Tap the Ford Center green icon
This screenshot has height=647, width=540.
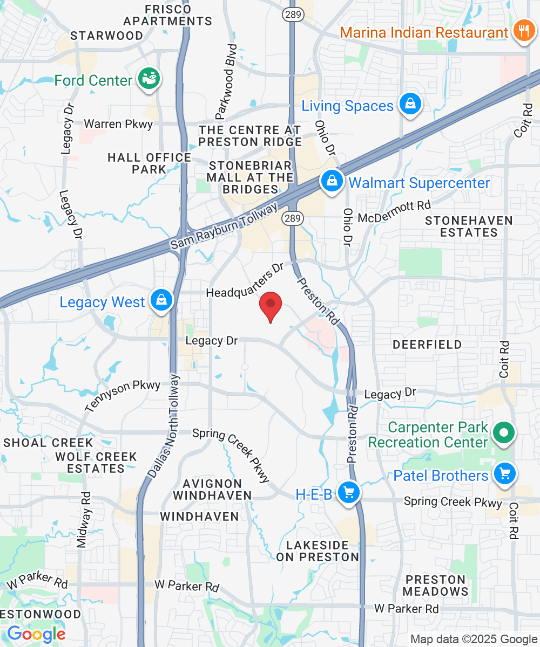149,80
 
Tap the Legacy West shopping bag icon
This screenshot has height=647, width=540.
161,301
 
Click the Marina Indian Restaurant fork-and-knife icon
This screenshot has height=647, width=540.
523,31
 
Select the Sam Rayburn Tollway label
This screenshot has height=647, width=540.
224,226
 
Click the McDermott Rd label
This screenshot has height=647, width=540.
395,211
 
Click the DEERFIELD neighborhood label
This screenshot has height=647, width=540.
427,345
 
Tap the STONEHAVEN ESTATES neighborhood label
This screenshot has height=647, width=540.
469,226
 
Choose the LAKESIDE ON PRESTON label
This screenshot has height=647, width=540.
318,551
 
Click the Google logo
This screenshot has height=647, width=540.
36,634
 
